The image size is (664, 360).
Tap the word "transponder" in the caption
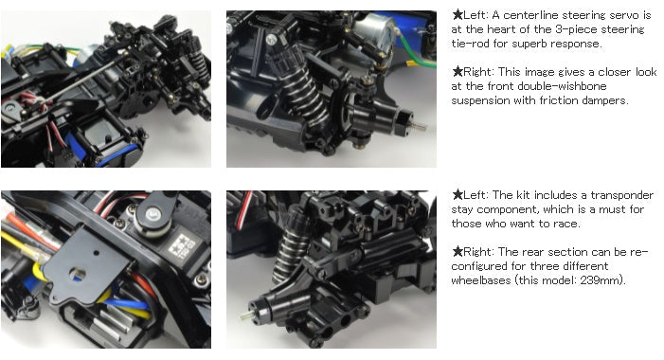(x=622, y=195)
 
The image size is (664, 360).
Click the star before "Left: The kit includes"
(x=458, y=195)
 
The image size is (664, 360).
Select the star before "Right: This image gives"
(x=458, y=72)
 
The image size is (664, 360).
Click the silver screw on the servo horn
(x=153, y=214)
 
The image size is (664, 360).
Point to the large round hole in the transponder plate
(x=78, y=274)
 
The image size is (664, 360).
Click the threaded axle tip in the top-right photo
(x=419, y=126)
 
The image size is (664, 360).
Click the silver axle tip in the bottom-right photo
(x=245, y=315)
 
